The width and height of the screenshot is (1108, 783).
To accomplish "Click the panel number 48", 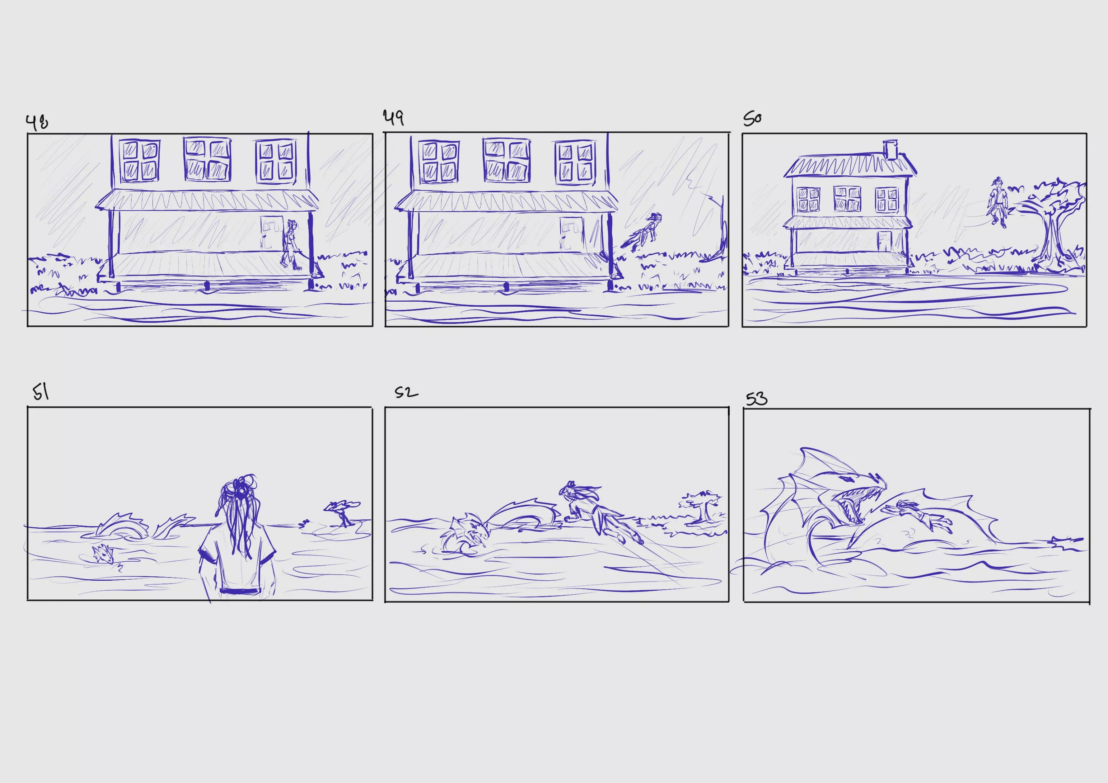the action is (x=37, y=122).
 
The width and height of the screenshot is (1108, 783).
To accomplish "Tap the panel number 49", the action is (x=393, y=118).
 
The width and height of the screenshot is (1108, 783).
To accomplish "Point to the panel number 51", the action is (x=41, y=392).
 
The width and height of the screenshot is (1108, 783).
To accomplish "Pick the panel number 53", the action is (x=756, y=399).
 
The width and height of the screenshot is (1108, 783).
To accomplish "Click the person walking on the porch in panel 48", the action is (x=291, y=245).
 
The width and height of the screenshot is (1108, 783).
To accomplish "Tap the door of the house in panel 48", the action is (x=272, y=233).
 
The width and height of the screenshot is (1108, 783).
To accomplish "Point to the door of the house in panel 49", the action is (x=572, y=234).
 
